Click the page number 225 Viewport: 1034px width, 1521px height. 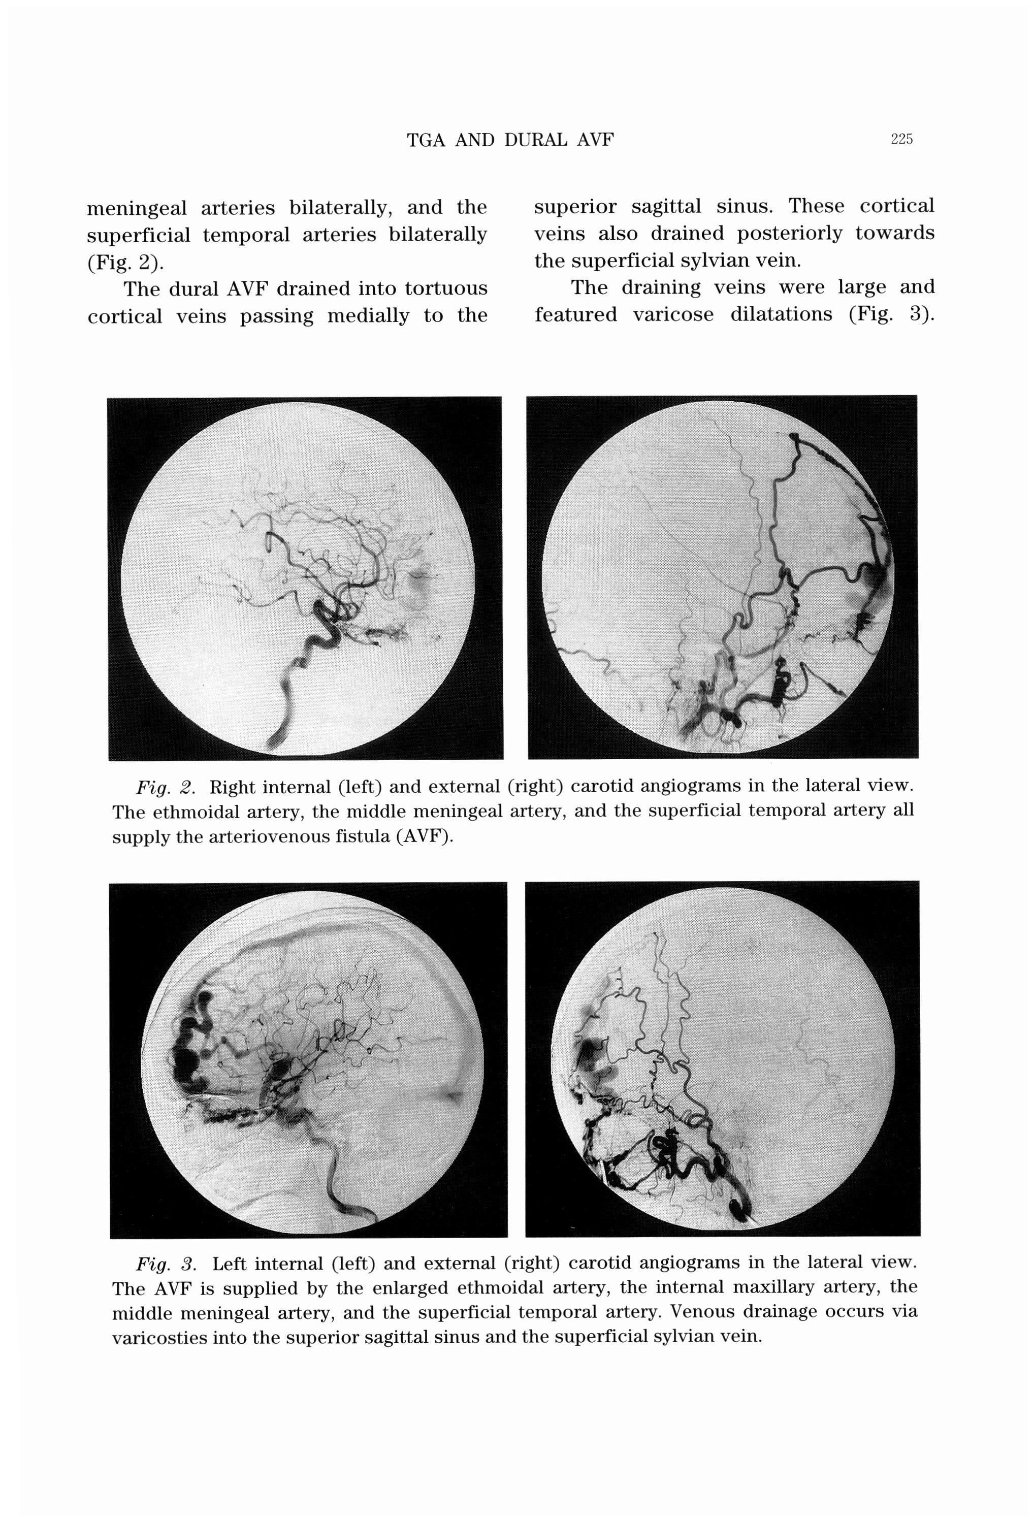tap(901, 139)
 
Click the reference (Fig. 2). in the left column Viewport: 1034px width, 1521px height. tap(125, 263)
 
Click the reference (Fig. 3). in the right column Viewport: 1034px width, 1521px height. tap(891, 315)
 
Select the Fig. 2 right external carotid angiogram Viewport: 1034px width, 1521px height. tap(723, 576)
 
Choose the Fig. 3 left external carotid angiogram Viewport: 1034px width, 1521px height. tap(723, 1059)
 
